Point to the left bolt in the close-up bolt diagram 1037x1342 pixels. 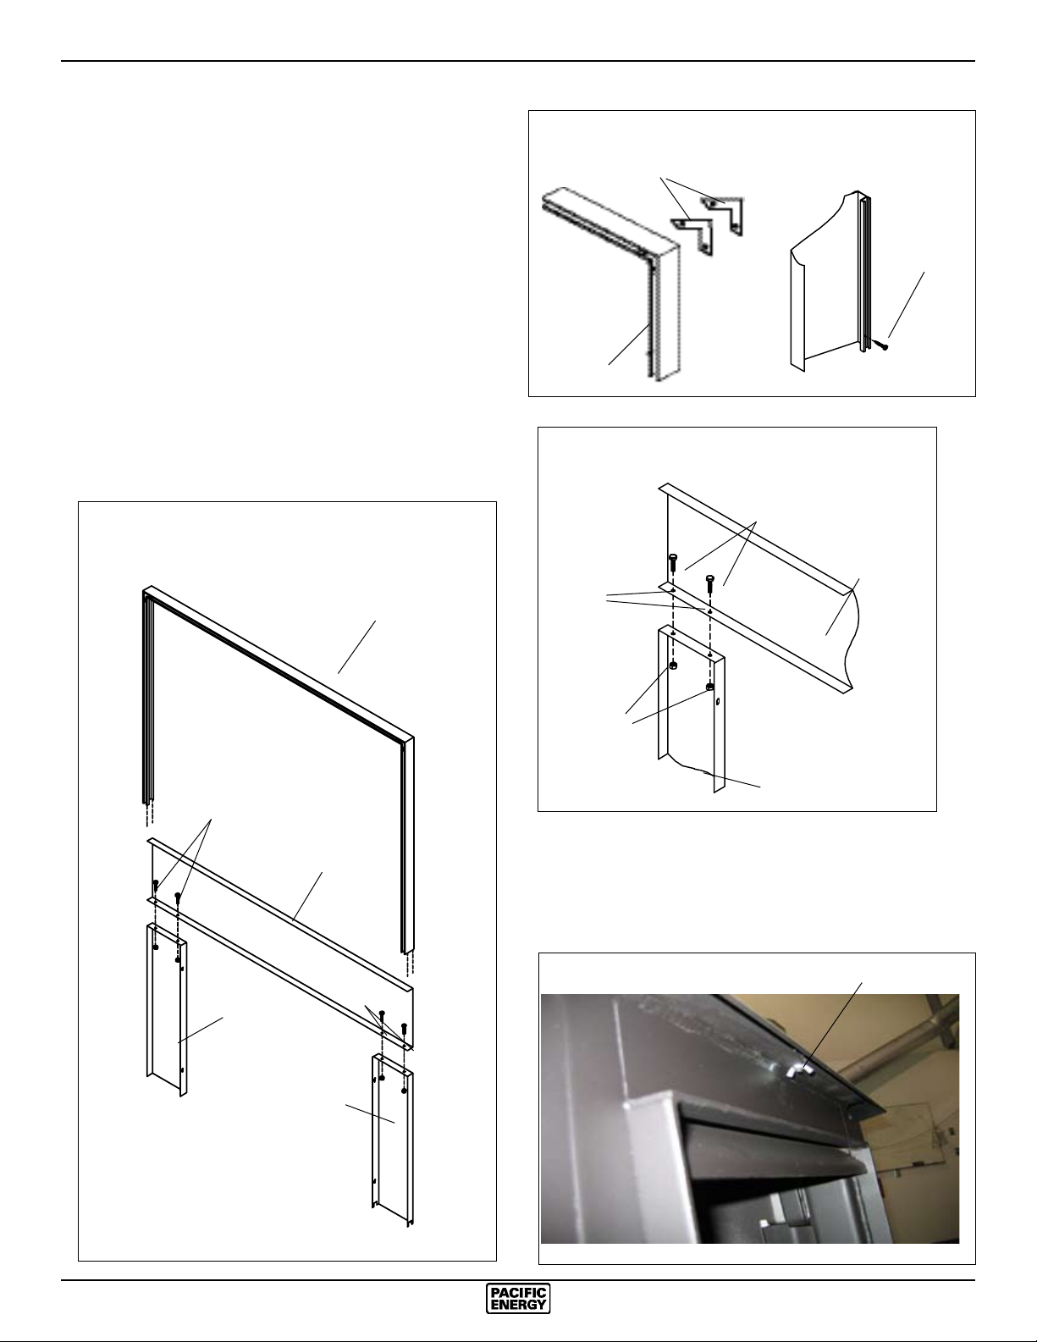[x=672, y=562]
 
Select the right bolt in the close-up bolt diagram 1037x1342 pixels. [x=709, y=583]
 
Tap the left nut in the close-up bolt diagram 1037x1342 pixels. [x=673, y=666]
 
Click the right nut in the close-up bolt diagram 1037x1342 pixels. [x=710, y=687]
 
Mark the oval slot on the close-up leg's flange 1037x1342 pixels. [x=718, y=702]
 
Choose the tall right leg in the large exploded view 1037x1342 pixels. [x=392, y=1140]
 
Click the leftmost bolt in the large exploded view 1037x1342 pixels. [x=156, y=886]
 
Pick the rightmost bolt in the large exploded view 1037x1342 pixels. [x=404, y=1028]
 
